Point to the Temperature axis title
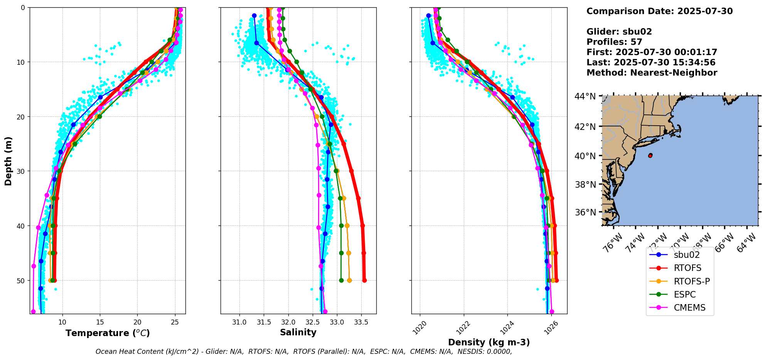108,333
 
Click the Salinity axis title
298,332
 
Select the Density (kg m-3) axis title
489,342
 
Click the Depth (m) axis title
8,161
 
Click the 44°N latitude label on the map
585,96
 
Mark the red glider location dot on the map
650,155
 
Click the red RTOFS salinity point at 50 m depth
364,280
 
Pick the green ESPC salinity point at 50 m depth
341,280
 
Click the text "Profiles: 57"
614,42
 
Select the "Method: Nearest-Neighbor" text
652,73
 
